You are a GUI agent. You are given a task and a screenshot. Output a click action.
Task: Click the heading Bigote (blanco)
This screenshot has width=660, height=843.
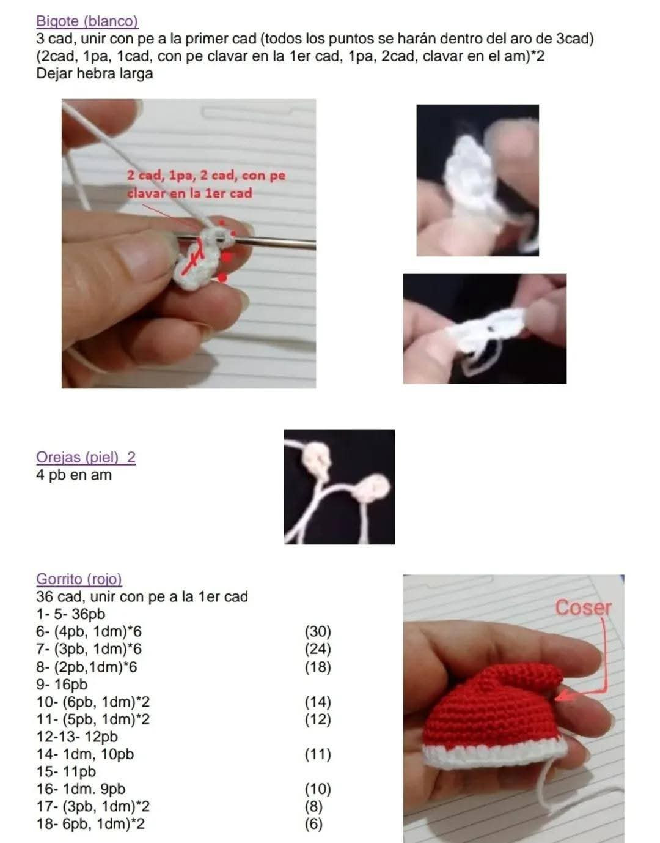[87, 21]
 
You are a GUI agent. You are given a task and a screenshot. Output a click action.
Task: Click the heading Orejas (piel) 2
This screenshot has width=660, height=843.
[86, 457]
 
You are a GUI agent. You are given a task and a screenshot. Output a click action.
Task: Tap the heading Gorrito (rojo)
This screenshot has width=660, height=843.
[79, 579]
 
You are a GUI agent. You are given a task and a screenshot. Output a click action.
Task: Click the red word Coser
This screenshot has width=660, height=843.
[583, 607]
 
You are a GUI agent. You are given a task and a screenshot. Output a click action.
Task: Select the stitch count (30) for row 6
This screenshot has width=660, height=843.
[317, 631]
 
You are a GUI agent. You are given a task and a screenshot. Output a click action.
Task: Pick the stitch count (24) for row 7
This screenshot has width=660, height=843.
[317, 649]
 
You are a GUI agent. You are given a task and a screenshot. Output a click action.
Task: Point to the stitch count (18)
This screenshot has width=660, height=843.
[317, 667]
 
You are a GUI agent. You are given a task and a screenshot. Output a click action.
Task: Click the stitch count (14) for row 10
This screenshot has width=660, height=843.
[317, 702]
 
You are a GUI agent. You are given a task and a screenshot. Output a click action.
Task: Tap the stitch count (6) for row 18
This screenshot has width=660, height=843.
[313, 824]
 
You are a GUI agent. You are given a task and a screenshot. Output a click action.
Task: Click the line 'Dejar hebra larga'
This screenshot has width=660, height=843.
[95, 74]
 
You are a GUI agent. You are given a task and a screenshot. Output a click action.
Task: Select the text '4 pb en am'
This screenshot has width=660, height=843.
[74, 475]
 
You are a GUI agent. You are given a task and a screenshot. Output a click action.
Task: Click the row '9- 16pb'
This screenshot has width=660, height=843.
[62, 685]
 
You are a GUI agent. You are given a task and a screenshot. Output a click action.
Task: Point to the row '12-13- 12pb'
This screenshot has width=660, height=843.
[77, 737]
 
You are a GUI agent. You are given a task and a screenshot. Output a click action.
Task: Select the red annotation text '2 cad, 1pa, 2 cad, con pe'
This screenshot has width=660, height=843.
[206, 176]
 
